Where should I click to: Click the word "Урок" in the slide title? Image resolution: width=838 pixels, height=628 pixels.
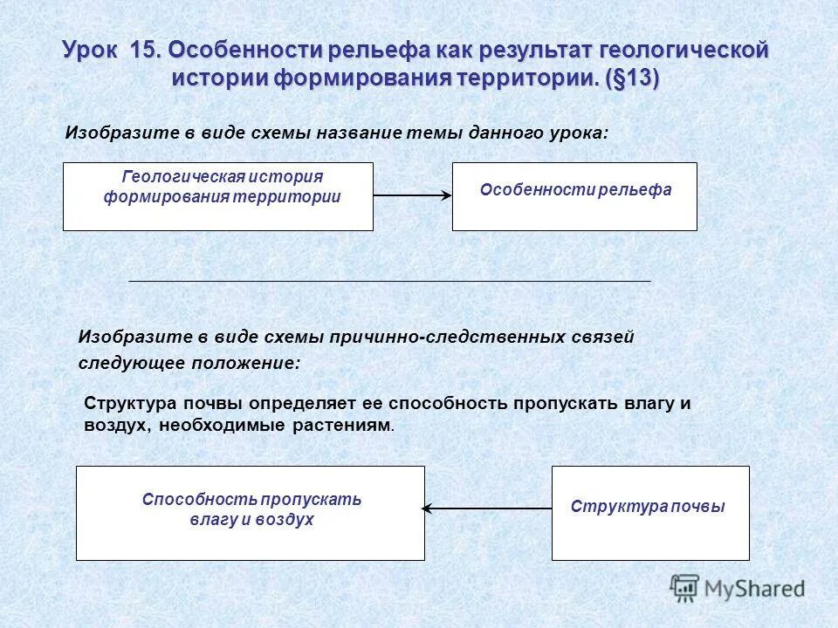pyautogui.click(x=93, y=50)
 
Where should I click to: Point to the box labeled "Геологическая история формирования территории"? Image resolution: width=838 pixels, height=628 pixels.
pyautogui.click(x=217, y=196)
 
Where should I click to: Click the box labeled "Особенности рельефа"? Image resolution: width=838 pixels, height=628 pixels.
pyautogui.click(x=574, y=196)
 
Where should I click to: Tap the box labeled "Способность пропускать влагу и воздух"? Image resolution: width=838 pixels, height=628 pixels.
pyautogui.click(x=251, y=513)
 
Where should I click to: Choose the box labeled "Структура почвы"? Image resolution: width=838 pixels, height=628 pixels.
pyautogui.click(x=650, y=513)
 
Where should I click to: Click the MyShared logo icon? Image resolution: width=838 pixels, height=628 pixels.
pyautogui.click(x=684, y=588)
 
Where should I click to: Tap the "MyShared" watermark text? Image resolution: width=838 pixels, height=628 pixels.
pyautogui.click(x=754, y=589)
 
